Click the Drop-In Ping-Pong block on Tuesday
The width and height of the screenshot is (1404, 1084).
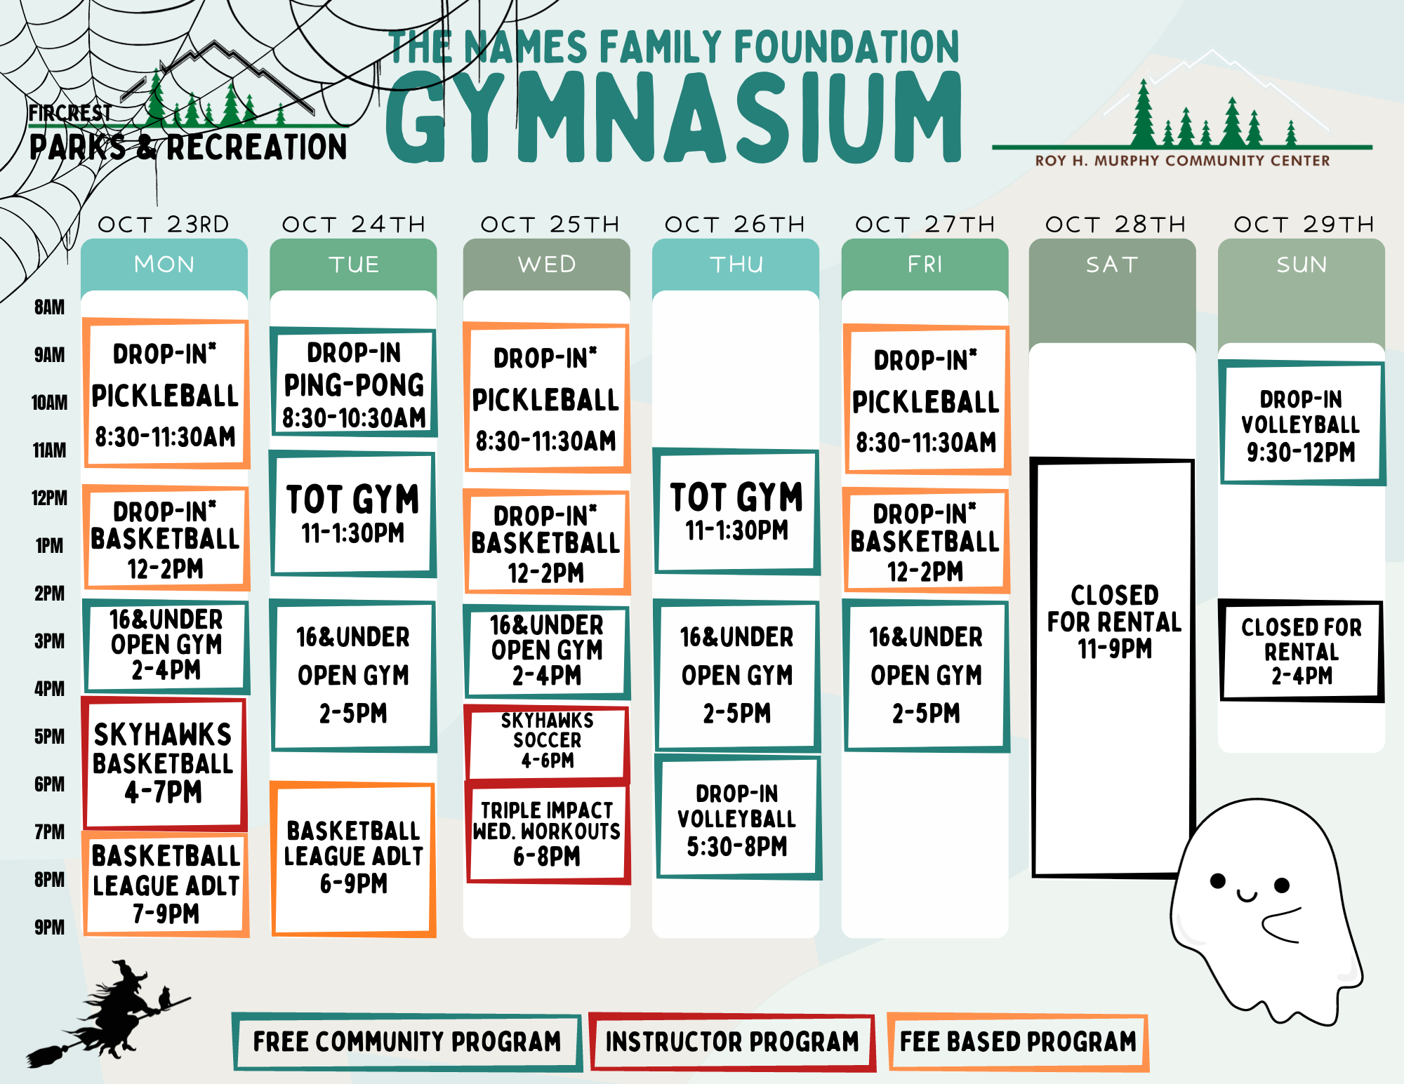(x=354, y=382)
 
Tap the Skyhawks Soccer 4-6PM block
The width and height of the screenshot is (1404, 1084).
(x=547, y=741)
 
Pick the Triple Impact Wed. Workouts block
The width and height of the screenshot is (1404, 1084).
(x=548, y=832)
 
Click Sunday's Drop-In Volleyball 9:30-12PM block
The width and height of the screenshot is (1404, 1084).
(x=1302, y=423)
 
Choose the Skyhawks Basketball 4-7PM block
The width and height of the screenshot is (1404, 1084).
(x=164, y=763)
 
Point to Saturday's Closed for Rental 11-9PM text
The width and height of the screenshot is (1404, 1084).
(x=1114, y=622)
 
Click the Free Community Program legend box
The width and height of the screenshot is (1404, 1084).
(x=407, y=1042)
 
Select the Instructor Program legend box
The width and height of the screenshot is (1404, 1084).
(x=732, y=1042)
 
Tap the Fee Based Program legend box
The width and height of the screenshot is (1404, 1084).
(x=1018, y=1042)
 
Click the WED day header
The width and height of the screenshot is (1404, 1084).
(x=547, y=265)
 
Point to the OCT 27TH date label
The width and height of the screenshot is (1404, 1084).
(x=925, y=225)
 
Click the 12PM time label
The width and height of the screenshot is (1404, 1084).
(x=50, y=498)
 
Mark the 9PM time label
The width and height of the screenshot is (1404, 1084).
(x=50, y=928)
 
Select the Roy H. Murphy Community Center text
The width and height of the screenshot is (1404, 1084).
(x=1182, y=161)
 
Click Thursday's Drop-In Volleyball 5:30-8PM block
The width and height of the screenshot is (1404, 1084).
(x=738, y=817)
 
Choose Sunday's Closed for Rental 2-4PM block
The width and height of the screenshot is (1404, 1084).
(x=1302, y=651)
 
